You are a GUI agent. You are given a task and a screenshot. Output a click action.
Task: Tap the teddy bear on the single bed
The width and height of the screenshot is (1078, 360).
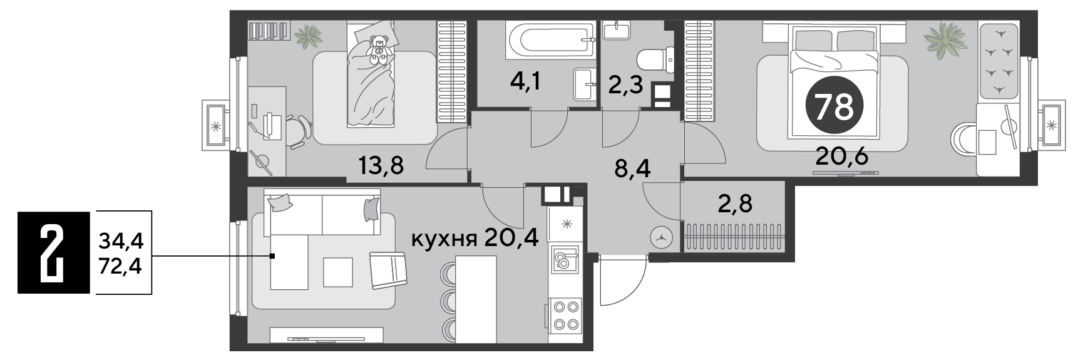click(378, 49)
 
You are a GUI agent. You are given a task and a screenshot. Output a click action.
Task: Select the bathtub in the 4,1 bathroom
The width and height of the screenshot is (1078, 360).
click(551, 39)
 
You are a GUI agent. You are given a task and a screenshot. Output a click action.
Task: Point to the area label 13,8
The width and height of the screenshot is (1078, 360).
click(381, 165)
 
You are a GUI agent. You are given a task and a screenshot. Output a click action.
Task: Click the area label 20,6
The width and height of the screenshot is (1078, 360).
click(841, 156)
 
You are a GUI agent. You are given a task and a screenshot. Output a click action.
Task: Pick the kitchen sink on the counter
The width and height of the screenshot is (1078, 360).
click(564, 260)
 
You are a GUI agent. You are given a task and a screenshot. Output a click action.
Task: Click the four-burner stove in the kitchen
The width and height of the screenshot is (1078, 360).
click(565, 316)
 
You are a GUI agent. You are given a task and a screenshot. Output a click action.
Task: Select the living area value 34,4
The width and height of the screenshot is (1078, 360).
click(120, 239)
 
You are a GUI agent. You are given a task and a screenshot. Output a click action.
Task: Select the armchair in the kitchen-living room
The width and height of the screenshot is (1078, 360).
click(389, 270)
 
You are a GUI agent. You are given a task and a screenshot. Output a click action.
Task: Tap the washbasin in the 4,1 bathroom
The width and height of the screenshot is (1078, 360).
click(585, 84)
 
